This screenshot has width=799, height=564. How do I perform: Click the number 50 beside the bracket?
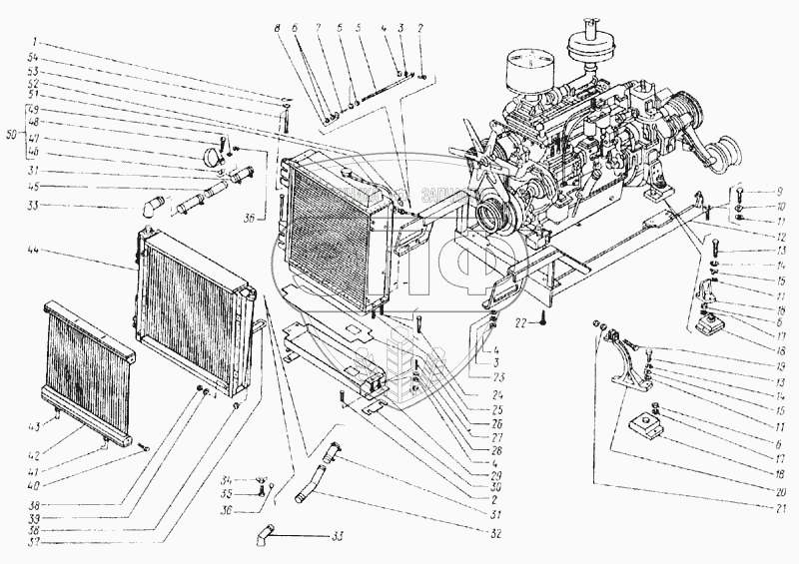pyautogui.click(x=12, y=132)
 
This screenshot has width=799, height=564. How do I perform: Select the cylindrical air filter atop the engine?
pyautogui.click(x=525, y=75)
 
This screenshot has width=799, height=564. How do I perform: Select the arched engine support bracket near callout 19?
pyautogui.click(x=625, y=366)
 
